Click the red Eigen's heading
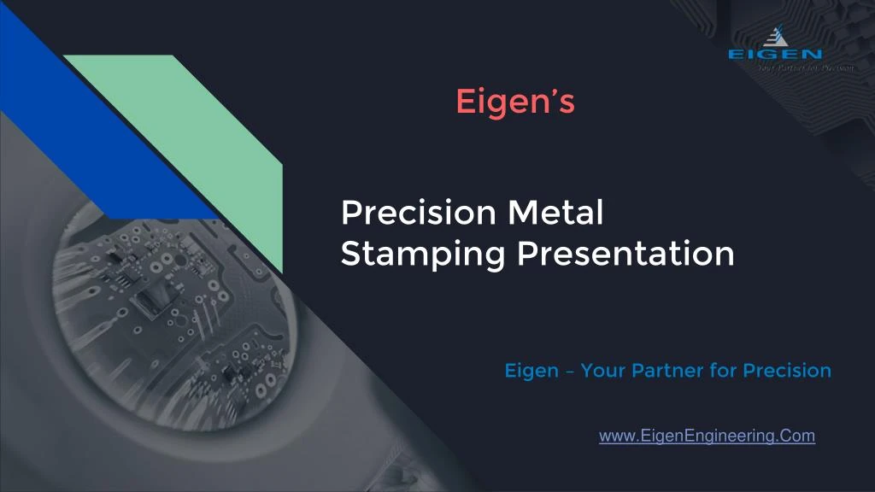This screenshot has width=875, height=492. coord(515,102)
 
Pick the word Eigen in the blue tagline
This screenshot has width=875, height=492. coord(530,371)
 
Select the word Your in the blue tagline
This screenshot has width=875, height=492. coord(603,371)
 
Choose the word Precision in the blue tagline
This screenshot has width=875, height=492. coord(787,371)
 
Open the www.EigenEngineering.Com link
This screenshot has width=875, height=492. coord(707,436)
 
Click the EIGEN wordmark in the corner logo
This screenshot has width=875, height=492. coord(775,54)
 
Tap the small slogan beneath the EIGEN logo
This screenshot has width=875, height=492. coord(805,68)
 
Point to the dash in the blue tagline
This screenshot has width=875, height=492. coord(569,372)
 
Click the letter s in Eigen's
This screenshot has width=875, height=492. coord(567,103)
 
